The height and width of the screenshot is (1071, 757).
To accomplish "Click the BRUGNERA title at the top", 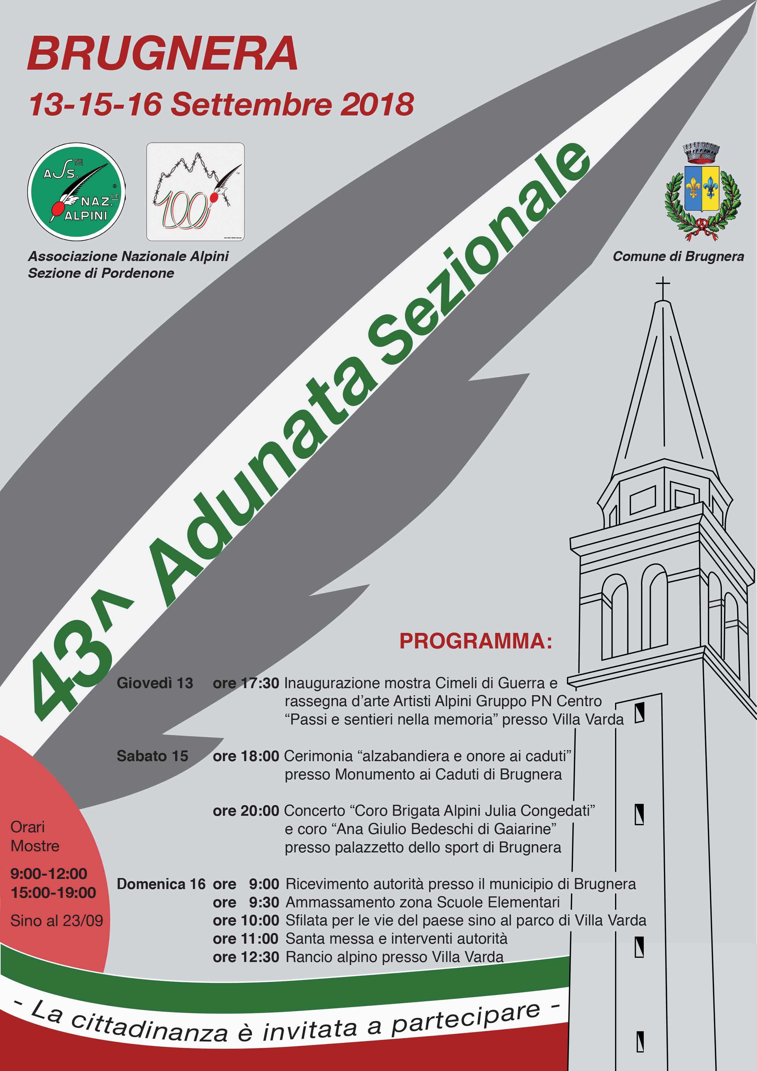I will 162,54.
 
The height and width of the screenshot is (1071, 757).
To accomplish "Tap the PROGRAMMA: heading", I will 476,641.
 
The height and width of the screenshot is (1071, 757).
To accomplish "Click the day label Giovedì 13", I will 154,683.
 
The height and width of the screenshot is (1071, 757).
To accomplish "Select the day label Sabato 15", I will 152,756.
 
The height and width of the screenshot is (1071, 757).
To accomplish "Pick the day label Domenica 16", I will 161,884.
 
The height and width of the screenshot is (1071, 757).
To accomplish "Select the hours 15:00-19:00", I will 53,892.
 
